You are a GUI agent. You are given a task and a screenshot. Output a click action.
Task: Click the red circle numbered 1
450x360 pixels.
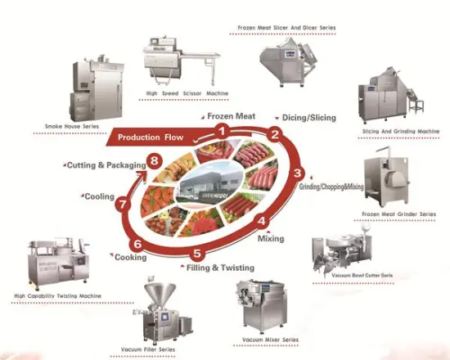pos(222,130)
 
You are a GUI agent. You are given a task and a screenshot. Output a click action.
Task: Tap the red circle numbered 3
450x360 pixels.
pos(299,173)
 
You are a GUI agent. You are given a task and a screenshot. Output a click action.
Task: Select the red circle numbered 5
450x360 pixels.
pos(197,253)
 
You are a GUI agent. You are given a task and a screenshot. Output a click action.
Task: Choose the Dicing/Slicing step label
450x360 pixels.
pos(309,118)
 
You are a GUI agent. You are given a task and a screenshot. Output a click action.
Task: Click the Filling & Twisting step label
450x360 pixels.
pos(218,267)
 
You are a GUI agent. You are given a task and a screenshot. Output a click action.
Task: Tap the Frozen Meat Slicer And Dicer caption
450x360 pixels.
pos(286,27)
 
